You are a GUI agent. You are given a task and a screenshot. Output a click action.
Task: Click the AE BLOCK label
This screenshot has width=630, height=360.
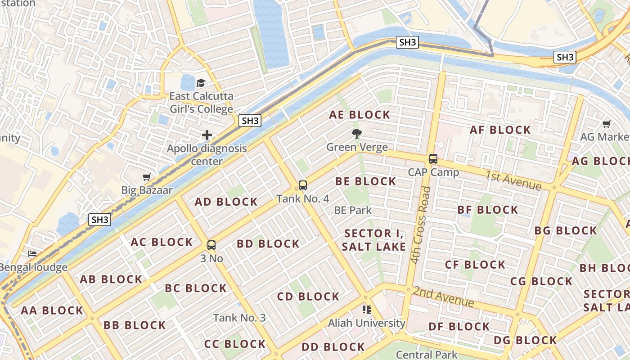pos(360,115)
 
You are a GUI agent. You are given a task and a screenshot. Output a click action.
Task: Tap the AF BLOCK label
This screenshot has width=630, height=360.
pos(500,130)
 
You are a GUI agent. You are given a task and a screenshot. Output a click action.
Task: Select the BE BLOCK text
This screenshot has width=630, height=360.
pos(365,181)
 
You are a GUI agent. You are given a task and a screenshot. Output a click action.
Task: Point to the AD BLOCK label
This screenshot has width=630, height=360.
pos(226,202)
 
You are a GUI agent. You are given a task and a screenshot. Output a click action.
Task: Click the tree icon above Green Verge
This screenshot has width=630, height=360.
pos(357,133)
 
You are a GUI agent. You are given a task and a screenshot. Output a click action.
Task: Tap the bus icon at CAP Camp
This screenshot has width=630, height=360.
pos(433,159)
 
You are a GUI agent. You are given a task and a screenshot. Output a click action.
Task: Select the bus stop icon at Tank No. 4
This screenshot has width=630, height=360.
pos(303,185)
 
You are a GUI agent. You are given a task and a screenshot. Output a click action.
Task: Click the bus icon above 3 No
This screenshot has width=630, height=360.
pos(211,245)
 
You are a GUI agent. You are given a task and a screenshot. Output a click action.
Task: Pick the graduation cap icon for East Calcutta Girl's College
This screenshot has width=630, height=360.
pos(201,83)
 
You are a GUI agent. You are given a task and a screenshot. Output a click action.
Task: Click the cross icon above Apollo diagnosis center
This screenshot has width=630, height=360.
pos(207,135)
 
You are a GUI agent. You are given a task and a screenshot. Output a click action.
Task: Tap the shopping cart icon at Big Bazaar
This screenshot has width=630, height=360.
pos(146,177)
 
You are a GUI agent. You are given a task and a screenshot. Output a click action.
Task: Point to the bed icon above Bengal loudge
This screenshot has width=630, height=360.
pos(32,254)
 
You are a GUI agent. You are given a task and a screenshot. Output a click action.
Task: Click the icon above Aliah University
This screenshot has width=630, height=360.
pos(367,310)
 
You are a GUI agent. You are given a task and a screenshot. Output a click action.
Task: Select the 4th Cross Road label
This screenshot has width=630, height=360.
pos(421,225)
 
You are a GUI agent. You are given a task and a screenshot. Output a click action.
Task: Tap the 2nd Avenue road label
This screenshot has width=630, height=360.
pos(443,297)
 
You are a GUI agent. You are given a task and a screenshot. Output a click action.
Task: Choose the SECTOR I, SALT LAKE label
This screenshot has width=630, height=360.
pos(374,240)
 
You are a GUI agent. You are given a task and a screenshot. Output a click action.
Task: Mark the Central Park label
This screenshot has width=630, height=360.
pos(427,355)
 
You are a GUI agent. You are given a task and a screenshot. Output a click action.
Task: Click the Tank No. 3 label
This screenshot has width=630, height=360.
pos(239,318)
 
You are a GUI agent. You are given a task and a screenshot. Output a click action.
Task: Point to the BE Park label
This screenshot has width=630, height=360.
pos(353,210)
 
